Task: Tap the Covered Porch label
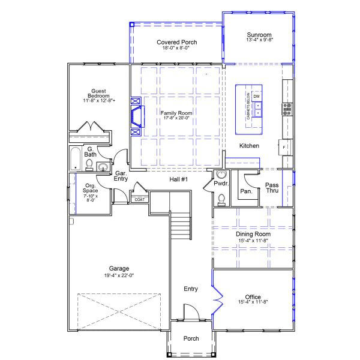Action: (177, 42)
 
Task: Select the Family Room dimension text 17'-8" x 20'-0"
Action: (176, 118)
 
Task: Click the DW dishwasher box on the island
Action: (256, 96)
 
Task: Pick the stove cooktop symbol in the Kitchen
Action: (287, 109)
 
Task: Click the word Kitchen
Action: (250, 146)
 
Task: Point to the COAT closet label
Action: (139, 199)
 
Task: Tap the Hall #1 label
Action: (179, 179)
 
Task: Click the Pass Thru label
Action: (272, 187)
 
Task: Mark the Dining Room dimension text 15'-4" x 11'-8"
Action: (253, 241)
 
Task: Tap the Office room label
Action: (253, 296)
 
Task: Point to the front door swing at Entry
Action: (190, 311)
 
